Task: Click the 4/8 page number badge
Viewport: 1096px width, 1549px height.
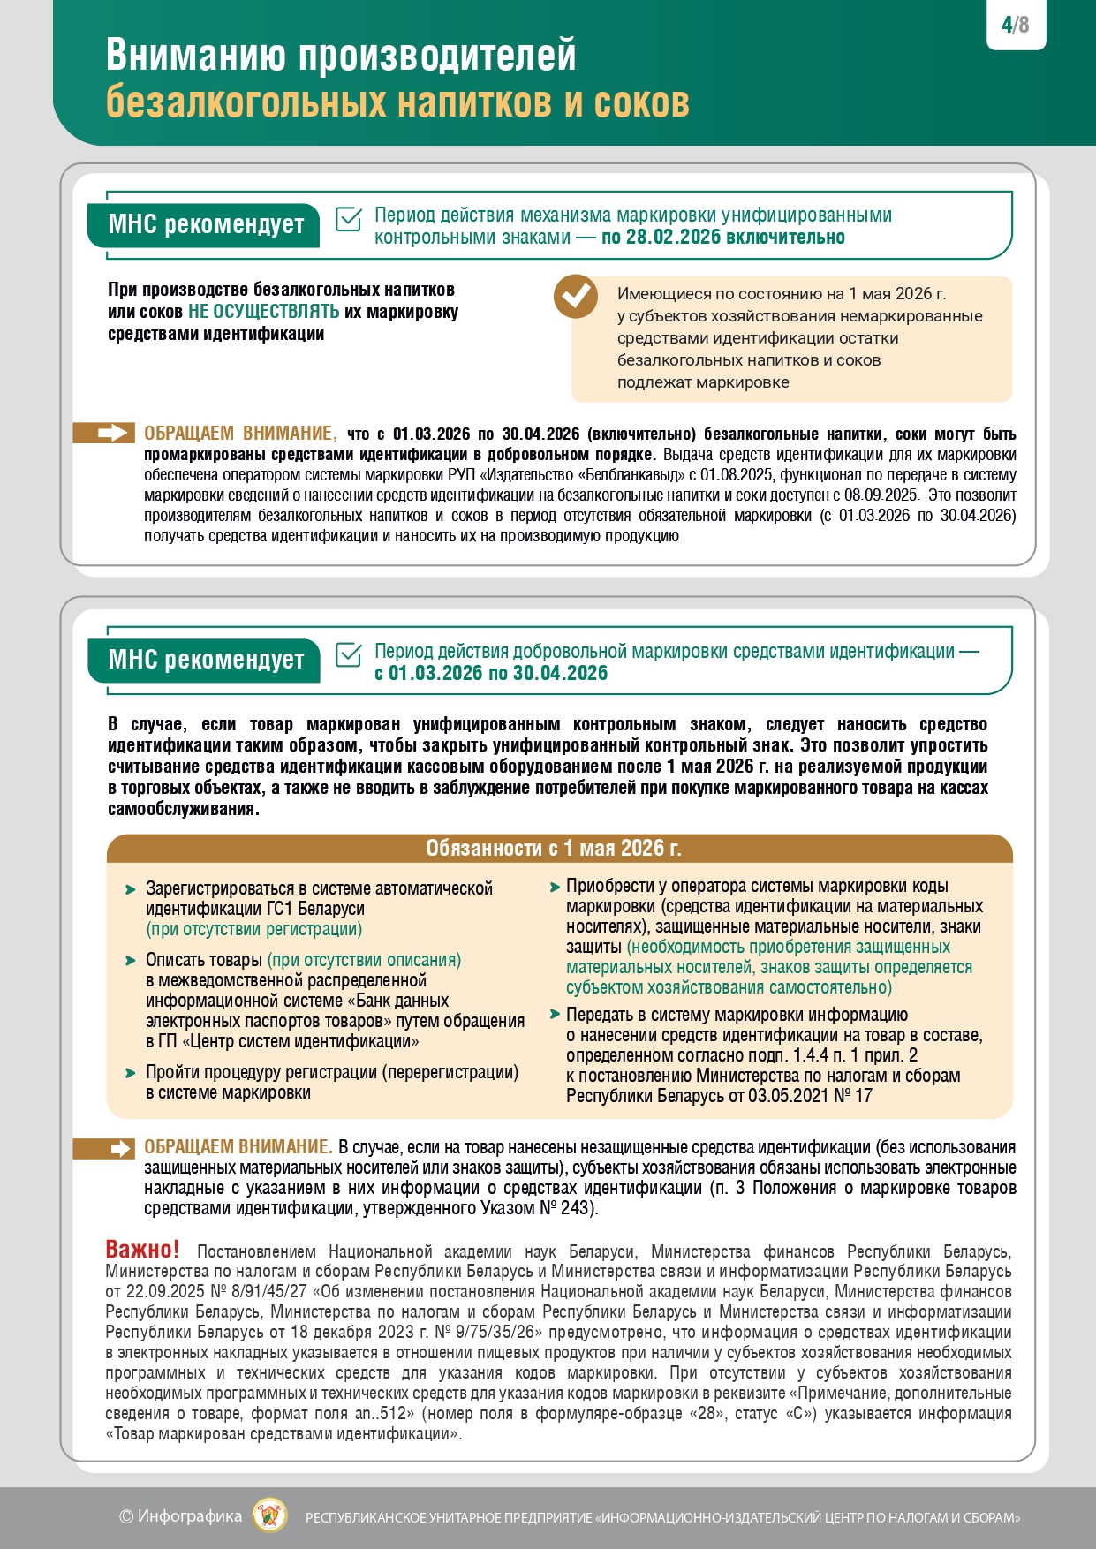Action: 1016,25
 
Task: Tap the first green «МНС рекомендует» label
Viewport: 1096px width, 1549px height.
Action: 205,224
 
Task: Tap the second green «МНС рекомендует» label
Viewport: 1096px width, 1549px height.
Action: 205,660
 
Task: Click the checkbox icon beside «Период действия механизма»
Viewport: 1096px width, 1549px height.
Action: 349,220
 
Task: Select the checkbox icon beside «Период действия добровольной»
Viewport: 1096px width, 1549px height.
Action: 349,655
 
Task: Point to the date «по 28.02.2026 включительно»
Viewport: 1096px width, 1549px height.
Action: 722,237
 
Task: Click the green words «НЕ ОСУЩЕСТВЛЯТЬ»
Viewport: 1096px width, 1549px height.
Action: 263,312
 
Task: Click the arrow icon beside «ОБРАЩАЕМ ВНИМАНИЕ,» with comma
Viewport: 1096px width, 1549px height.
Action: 116,433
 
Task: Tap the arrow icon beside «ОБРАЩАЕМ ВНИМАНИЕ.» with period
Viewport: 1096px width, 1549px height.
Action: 116,1148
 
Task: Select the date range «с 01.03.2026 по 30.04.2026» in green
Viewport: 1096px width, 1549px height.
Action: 491,673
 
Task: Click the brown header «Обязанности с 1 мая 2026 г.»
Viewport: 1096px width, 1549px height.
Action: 554,848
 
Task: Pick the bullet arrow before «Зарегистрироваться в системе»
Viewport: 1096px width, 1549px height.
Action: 131,889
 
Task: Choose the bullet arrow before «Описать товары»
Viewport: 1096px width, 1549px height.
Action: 131,961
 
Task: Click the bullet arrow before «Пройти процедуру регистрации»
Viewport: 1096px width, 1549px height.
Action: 131,1073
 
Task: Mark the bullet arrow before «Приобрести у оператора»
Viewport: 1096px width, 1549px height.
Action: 555,887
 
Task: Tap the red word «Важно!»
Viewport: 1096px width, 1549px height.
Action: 142,1249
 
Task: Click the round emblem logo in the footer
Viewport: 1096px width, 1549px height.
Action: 269,1515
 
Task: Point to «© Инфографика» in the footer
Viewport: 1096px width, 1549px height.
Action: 180,1516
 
